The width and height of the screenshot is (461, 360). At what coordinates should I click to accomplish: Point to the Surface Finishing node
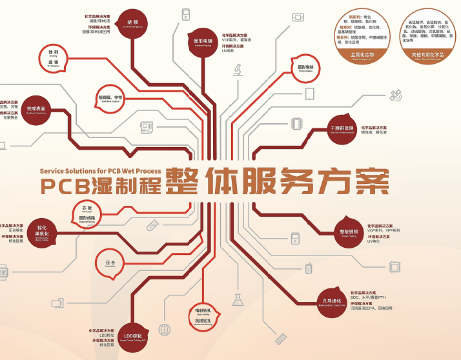36,111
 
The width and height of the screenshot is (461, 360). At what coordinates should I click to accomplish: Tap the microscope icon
238,68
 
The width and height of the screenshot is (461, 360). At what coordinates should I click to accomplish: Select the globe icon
165,330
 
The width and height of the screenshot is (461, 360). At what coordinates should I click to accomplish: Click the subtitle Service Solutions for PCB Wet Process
100,171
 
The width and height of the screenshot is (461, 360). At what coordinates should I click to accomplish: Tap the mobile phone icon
309,268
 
